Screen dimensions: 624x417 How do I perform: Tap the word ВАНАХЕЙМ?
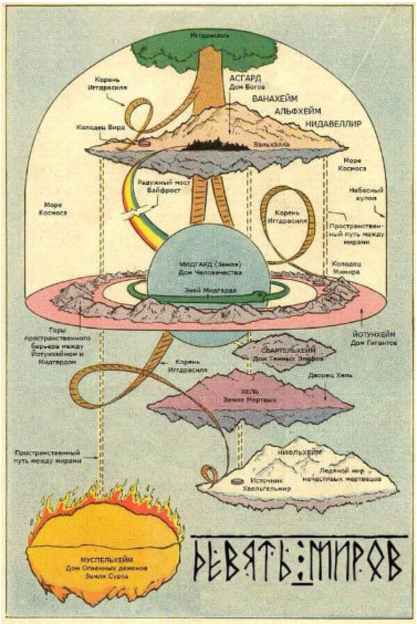click(x=273, y=97)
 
